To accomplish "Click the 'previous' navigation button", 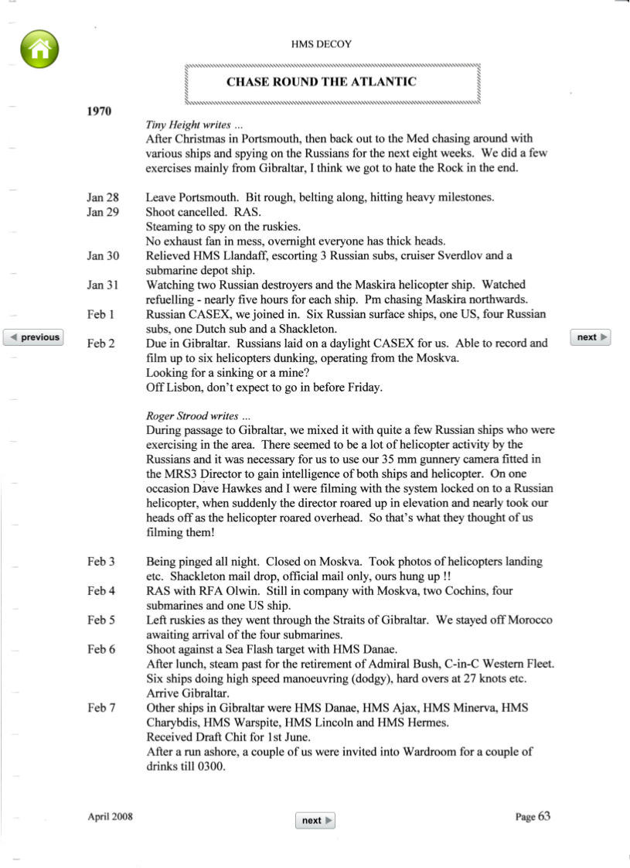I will [x=34, y=337].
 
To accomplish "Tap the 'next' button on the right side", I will [x=591, y=337].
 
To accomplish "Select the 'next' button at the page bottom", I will [x=315, y=820].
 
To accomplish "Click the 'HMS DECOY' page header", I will [x=321, y=45].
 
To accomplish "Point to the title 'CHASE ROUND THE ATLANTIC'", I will [x=321, y=82].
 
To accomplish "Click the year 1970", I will [x=100, y=111].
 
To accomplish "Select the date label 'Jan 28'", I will [x=103, y=197].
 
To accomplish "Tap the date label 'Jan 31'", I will [x=103, y=285].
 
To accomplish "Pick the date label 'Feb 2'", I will [x=101, y=343].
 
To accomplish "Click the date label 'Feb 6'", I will [x=101, y=649].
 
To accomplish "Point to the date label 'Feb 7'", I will [x=101, y=708].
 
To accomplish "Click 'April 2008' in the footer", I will [x=110, y=816].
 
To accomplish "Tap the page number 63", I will [x=544, y=815].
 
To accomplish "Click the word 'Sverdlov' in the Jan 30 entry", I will [x=461, y=256].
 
